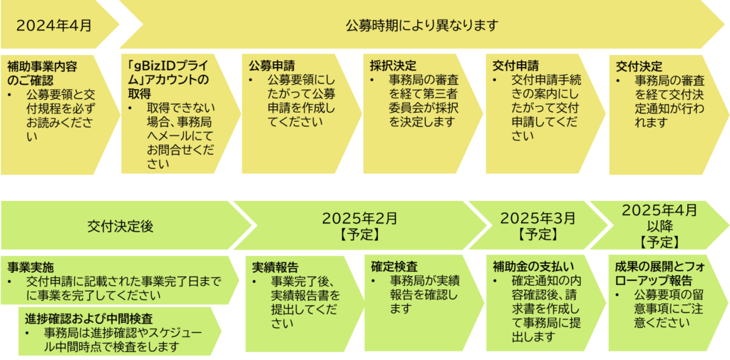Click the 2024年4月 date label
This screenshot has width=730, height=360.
(x=54, y=26)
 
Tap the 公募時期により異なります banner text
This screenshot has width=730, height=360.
(x=421, y=26)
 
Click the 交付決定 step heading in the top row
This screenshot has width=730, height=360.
(x=639, y=66)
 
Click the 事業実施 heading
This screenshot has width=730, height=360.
(x=30, y=269)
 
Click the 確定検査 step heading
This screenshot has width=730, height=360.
(x=394, y=267)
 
